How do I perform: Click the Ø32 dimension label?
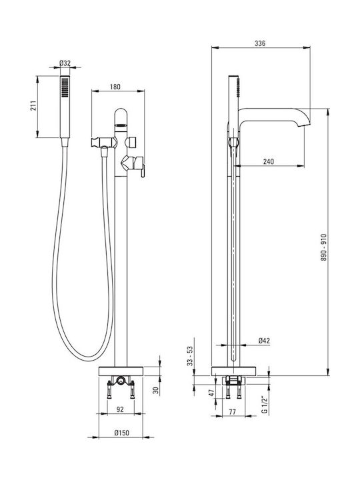click(x=65, y=63)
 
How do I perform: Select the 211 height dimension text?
click(x=34, y=105)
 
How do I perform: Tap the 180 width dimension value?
click(x=115, y=87)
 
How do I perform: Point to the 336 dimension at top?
click(x=260, y=43)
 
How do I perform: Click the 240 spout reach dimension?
click(x=269, y=161)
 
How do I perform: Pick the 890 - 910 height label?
click(x=324, y=247)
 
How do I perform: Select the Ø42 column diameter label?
click(x=264, y=341)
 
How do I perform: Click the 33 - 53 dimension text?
click(x=190, y=356)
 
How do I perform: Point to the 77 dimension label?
click(x=233, y=412)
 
